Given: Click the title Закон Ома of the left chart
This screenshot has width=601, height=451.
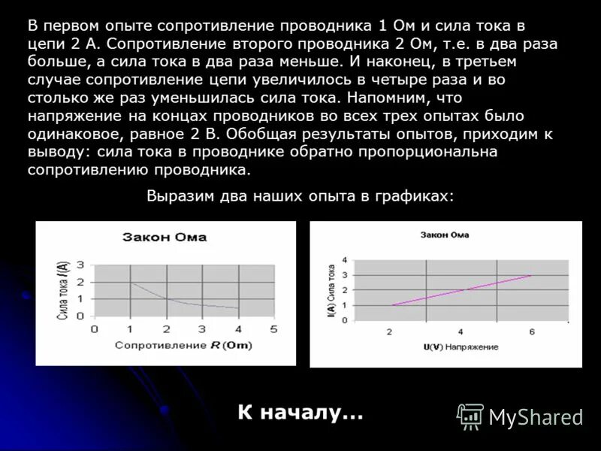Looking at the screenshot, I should pos(165,238).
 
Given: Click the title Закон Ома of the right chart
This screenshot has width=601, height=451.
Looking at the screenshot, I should pos(445,235).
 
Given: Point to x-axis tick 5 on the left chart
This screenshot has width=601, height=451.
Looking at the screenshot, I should pos(273,328).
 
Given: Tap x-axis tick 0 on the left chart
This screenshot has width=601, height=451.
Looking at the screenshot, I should pos(94,328).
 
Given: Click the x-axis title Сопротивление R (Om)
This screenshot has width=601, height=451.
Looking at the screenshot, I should pos(183,345).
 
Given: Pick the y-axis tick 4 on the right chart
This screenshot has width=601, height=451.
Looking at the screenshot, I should pos(345,260).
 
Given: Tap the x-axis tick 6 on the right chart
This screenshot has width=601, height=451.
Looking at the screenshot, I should pos(531,331).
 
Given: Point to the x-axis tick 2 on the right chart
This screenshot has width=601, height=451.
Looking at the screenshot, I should pos(389,331).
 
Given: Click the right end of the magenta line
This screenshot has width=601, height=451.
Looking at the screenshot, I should pos(531,275).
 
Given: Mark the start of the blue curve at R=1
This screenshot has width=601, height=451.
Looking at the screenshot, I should pos(130,282).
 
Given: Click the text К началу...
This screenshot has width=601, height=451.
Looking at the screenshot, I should pos(300,413).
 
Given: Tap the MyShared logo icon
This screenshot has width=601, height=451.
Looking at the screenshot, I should pos(471,416).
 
